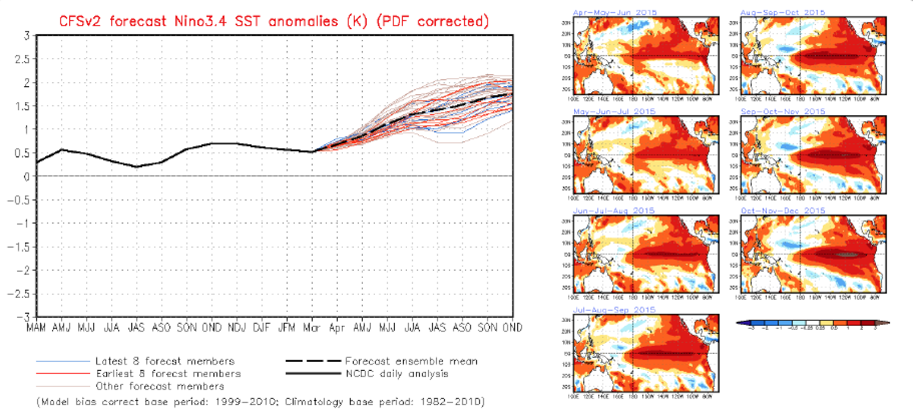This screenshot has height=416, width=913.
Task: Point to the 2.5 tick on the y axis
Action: (23, 59)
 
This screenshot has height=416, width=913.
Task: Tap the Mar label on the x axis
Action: (312, 328)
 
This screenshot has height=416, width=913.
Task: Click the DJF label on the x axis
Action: (262, 328)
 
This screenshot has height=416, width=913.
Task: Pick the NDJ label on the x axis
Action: (237, 328)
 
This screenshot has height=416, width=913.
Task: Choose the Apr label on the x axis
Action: (337, 328)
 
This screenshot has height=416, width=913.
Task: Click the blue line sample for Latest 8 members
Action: (63, 361)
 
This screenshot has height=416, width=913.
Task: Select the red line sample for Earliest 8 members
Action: (63, 374)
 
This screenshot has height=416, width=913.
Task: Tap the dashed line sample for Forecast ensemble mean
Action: (313, 361)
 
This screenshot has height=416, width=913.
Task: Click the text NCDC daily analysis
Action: (397, 374)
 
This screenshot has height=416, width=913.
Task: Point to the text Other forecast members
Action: (160, 386)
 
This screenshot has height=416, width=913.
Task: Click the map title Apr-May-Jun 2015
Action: (615, 13)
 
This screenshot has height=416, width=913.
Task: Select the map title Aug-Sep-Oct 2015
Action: (782, 13)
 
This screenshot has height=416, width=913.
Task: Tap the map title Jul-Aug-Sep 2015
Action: (614, 310)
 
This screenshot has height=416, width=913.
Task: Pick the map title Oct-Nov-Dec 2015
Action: (783, 211)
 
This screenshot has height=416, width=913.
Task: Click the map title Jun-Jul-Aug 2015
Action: (613, 211)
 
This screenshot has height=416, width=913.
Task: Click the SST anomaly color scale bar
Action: (813, 323)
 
